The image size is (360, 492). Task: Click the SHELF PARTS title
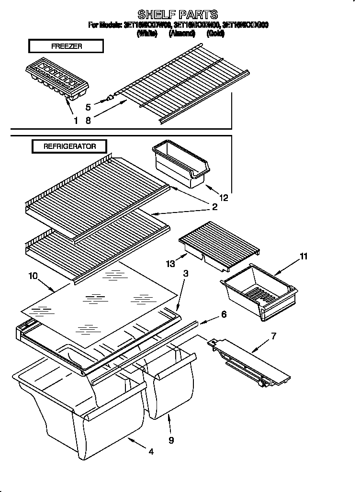tap(178, 14)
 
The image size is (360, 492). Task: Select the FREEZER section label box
tap(66, 46)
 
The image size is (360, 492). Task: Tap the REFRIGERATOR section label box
tap(69, 146)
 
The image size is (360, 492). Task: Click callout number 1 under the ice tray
tap(76, 121)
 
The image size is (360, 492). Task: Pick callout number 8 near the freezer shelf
tap(88, 121)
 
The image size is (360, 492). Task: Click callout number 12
tap(224, 196)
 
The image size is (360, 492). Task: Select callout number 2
tap(214, 207)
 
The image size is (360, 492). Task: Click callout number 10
tap(33, 276)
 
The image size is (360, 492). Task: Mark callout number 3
tap(186, 274)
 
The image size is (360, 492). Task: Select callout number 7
tap(273, 335)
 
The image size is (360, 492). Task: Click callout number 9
tap(171, 439)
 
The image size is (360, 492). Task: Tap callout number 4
tap(151, 451)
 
